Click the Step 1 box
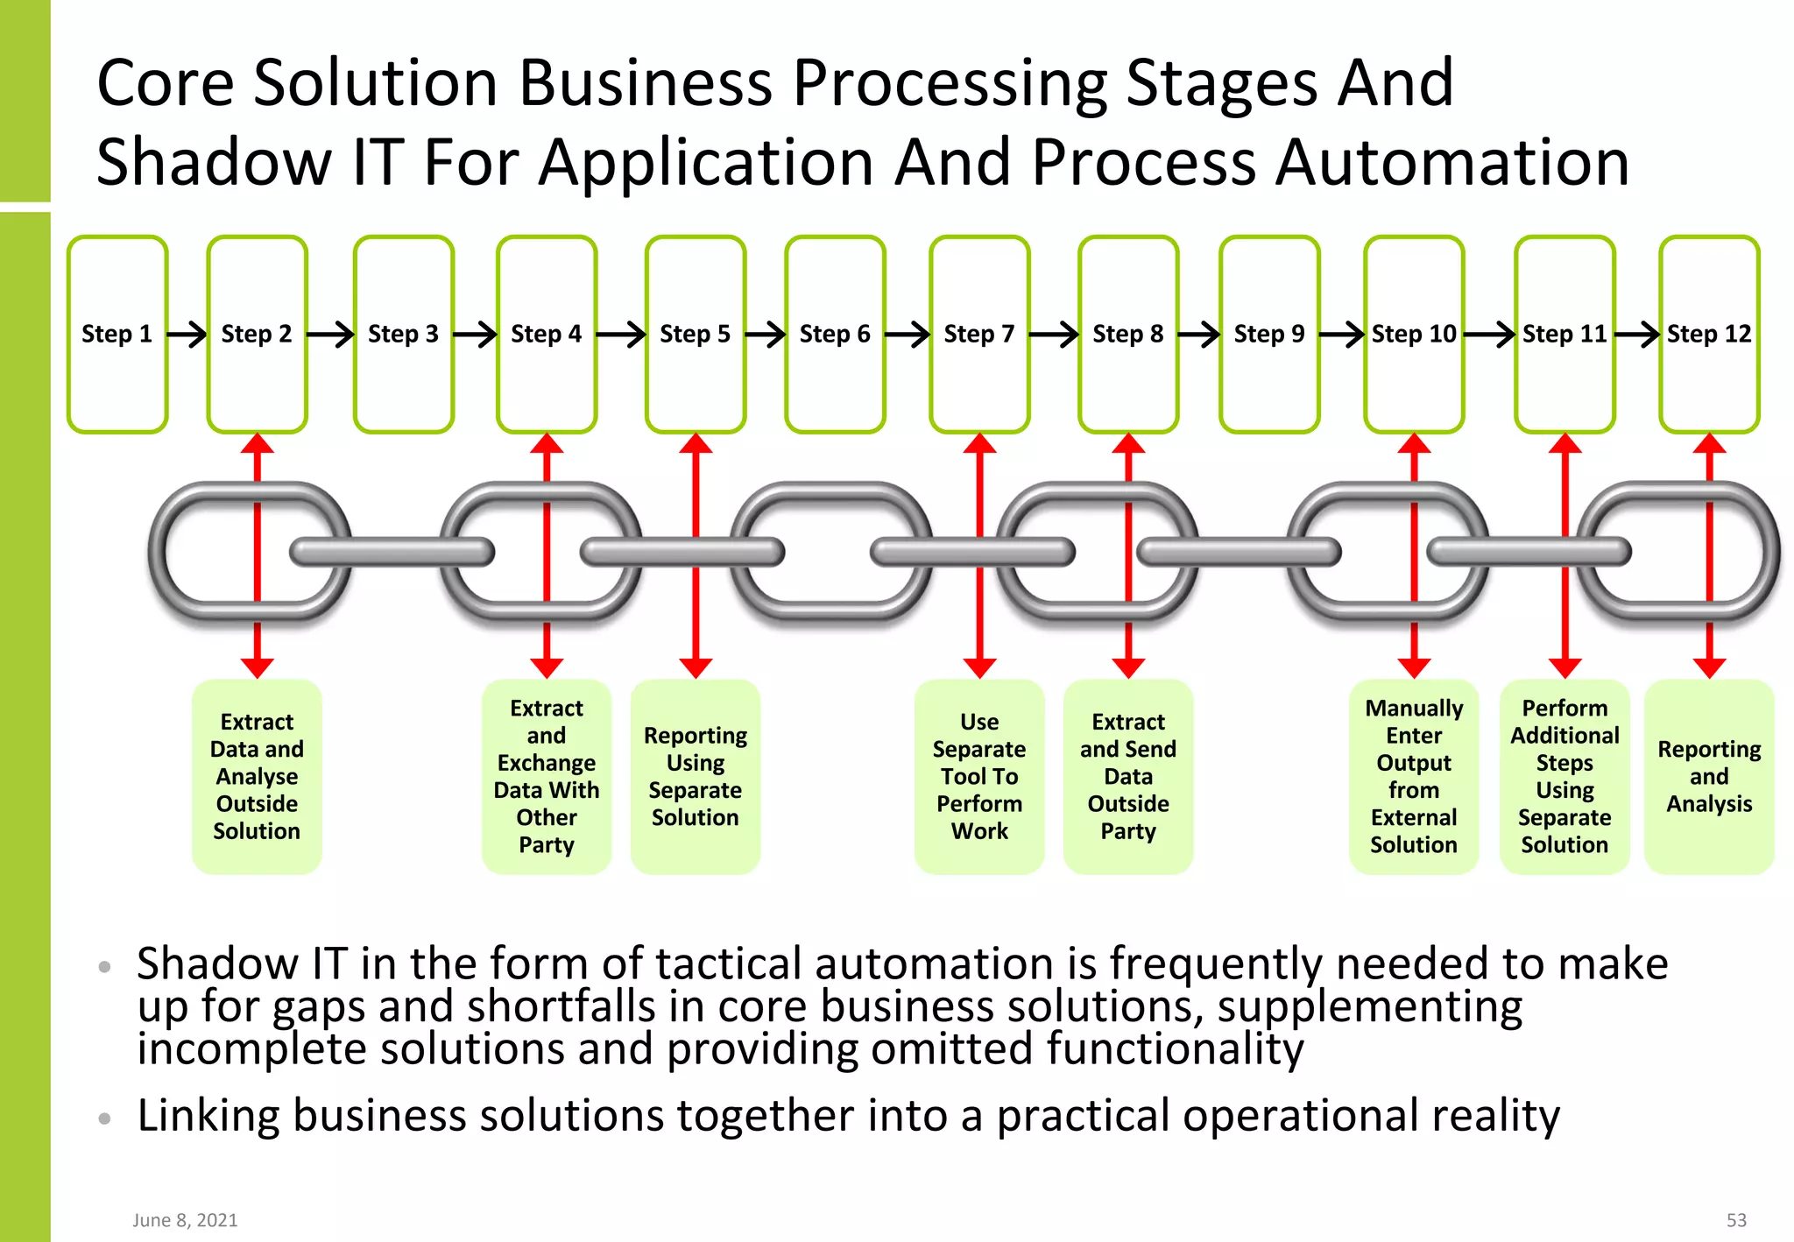click(117, 334)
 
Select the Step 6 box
click(835, 334)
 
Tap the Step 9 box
click(1268, 334)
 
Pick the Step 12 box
click(1708, 334)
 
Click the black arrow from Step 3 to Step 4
click(475, 334)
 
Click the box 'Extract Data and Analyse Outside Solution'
click(257, 776)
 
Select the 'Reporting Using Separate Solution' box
click(695, 776)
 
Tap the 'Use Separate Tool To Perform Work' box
click(978, 776)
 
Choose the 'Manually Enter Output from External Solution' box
click(1413, 776)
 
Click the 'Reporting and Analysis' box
click(1708, 776)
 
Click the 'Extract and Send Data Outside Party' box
click(1127, 776)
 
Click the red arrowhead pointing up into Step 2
click(257, 443)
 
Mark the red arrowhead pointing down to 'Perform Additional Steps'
click(1564, 668)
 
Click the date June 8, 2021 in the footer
click(185, 1220)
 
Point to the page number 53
click(1735, 1220)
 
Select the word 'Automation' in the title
click(1451, 163)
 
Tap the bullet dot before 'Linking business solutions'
click(105, 1119)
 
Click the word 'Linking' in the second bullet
click(208, 1117)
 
